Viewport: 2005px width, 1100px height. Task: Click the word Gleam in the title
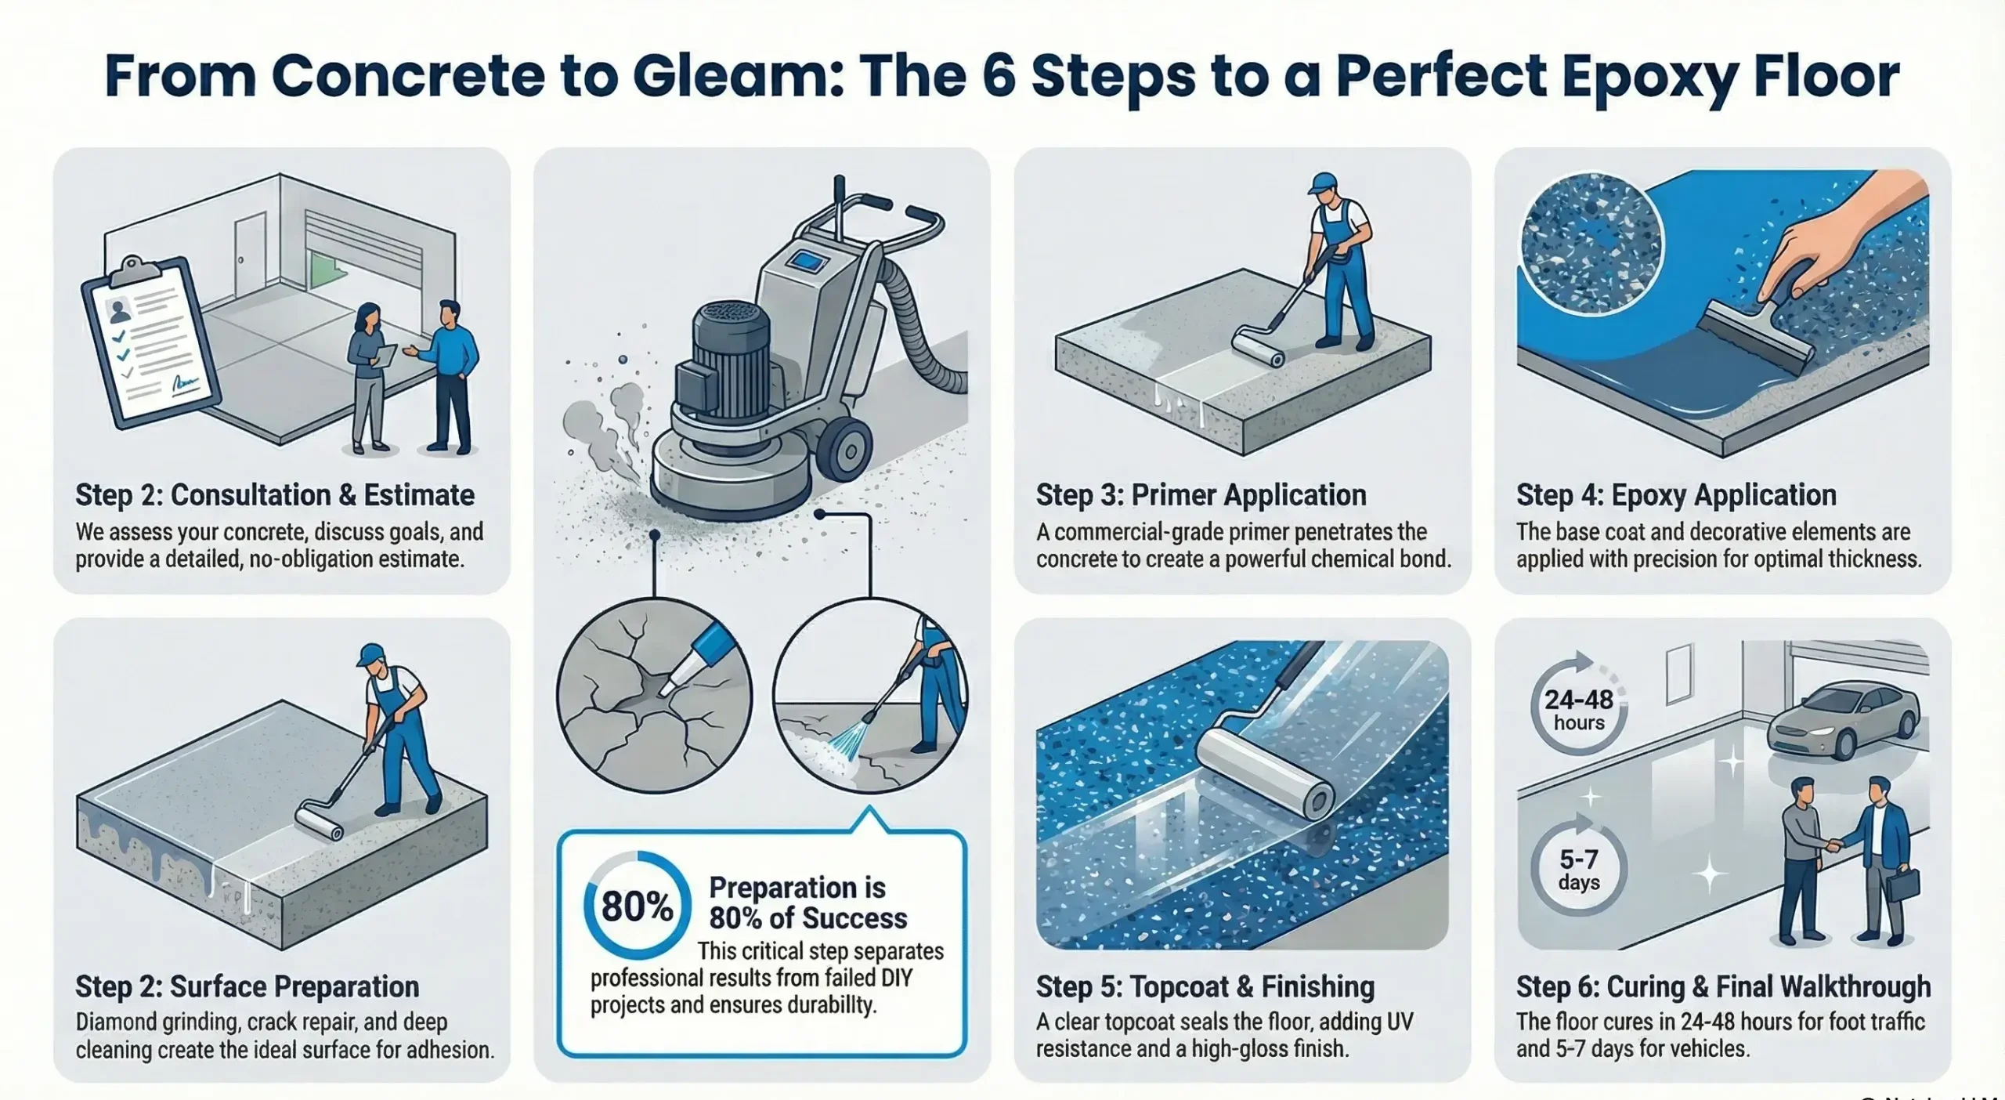tap(737, 76)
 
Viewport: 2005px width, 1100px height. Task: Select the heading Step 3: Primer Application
tap(1201, 495)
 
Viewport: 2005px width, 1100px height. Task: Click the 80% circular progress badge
tap(637, 906)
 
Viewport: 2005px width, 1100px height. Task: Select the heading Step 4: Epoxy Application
tap(1676, 495)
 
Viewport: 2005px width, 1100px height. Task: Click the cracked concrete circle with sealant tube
tap(654, 696)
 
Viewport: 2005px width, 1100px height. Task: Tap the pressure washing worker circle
tap(870, 696)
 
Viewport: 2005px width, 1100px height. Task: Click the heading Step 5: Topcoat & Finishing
tap(1205, 986)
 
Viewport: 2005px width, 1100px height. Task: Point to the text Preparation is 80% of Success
tap(807, 903)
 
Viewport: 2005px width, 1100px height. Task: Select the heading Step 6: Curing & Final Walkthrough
tap(1723, 986)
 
